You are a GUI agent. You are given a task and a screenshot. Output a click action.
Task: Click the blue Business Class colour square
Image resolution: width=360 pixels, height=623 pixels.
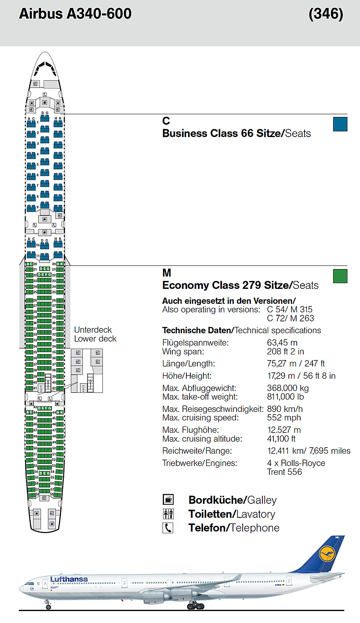pyautogui.click(x=340, y=124)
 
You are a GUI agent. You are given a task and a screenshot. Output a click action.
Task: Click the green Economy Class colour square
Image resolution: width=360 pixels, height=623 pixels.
pyautogui.click(x=340, y=276)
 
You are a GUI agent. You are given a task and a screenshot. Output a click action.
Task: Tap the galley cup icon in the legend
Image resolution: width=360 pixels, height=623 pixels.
pyautogui.click(x=168, y=499)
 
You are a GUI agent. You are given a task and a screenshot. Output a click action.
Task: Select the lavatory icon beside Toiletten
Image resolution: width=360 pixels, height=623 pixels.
pyautogui.click(x=168, y=514)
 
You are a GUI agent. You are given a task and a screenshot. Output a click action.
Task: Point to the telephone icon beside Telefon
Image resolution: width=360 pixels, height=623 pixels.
pyautogui.click(x=168, y=528)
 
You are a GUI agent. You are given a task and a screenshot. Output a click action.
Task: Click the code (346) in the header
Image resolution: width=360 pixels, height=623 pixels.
pyautogui.click(x=326, y=14)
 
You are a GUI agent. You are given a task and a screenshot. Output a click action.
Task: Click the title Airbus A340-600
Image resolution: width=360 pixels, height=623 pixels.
pyautogui.click(x=75, y=14)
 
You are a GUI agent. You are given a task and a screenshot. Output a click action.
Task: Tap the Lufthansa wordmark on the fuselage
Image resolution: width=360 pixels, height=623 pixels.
pyautogui.click(x=69, y=579)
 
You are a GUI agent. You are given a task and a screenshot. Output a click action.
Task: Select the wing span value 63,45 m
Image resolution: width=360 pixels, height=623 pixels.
pyautogui.click(x=282, y=342)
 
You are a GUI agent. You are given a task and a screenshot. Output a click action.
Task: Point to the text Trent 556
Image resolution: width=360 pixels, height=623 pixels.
pyautogui.click(x=284, y=472)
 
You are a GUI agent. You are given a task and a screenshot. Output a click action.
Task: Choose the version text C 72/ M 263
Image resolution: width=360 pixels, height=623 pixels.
pyautogui.click(x=291, y=318)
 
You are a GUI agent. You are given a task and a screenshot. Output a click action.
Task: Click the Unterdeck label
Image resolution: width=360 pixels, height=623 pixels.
pyautogui.click(x=93, y=330)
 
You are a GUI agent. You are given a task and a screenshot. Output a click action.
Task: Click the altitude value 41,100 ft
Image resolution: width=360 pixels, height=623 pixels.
pyautogui.click(x=281, y=439)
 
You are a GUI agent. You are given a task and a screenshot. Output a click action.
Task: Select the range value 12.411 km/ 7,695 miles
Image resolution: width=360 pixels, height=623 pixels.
pyautogui.click(x=309, y=451)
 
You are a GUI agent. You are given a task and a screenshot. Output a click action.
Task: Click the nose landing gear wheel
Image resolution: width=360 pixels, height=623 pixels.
pyautogui.click(x=48, y=607)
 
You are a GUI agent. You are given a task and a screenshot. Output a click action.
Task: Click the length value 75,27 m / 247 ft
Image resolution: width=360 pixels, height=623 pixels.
pyautogui.click(x=295, y=364)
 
